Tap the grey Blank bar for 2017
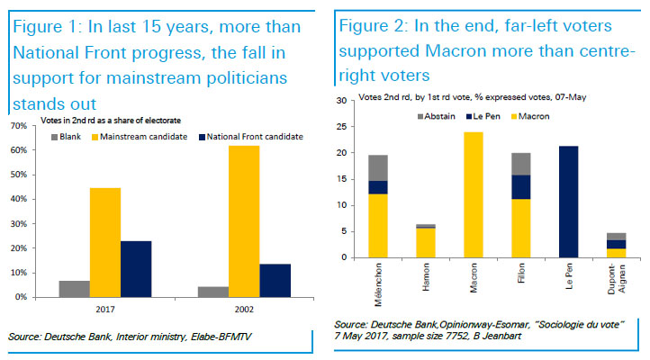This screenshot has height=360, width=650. (73, 288)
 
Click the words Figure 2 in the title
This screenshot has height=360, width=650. (371, 27)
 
